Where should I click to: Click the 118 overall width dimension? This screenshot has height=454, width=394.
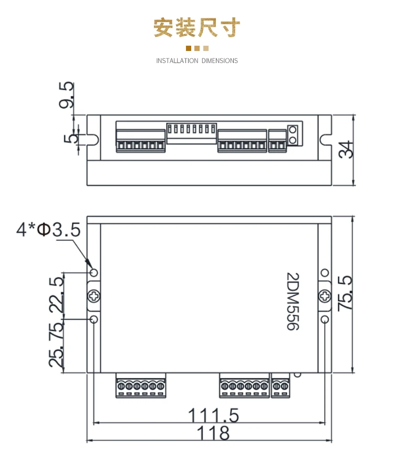coord(213,433)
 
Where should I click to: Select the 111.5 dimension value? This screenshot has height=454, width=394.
coord(214,416)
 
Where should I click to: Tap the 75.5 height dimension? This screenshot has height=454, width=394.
coord(345,293)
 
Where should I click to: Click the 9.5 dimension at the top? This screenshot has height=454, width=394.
coord(66,95)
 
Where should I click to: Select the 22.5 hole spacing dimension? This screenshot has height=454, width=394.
coord(56,295)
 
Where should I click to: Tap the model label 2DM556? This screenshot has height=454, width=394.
coord(293,301)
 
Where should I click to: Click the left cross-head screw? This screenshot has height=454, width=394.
coord(94,296)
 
